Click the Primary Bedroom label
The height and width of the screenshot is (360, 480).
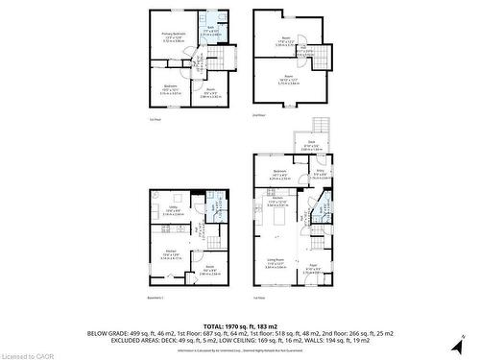[172, 37]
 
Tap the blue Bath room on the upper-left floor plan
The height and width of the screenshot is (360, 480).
[210, 31]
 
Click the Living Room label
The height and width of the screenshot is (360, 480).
[276, 262]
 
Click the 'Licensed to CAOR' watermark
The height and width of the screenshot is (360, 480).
[24, 353]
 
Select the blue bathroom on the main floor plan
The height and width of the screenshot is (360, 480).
[324, 206]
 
